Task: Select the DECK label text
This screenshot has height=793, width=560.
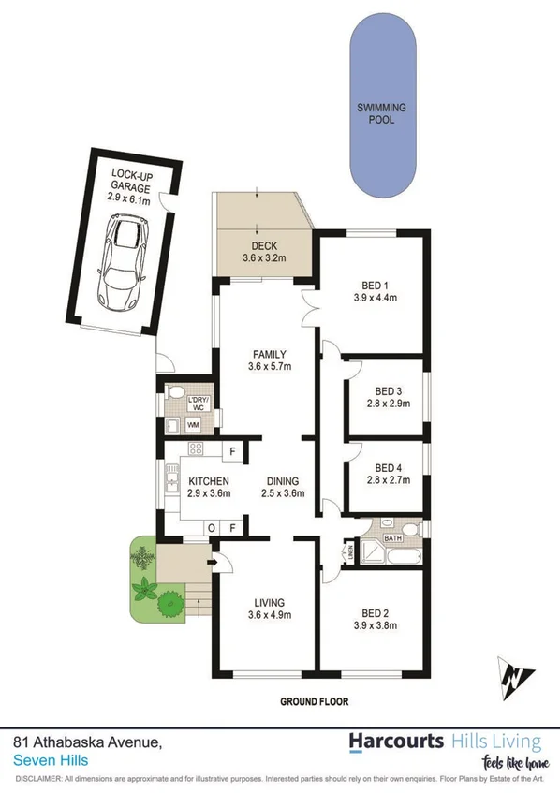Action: pyautogui.click(x=263, y=246)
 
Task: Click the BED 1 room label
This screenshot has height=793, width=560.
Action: pyautogui.click(x=375, y=286)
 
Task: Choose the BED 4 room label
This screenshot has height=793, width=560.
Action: pyautogui.click(x=387, y=468)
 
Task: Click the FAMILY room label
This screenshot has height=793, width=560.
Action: pyautogui.click(x=269, y=354)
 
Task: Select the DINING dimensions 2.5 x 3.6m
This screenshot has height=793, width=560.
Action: pyautogui.click(x=282, y=493)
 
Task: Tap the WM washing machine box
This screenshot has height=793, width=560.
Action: pyautogui.click(x=194, y=426)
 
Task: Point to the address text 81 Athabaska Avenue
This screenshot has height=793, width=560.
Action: pyautogui.click(x=89, y=741)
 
